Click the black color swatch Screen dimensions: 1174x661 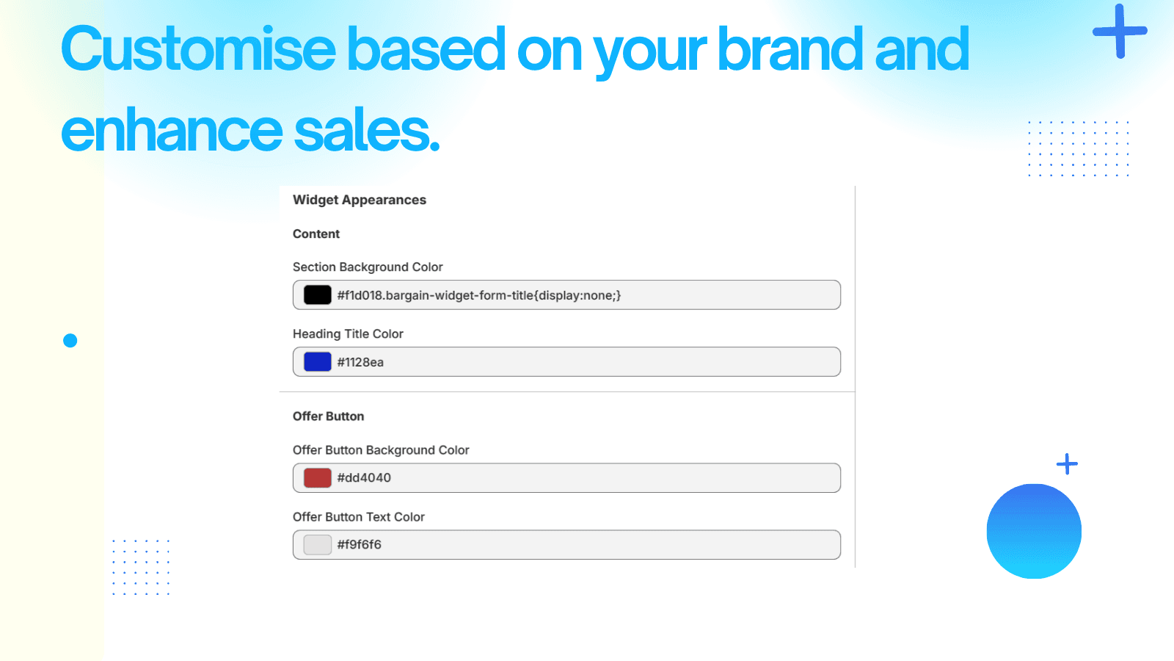click(x=317, y=295)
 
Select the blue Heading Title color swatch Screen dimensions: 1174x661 click(x=317, y=361)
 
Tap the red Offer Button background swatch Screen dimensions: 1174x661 click(x=317, y=477)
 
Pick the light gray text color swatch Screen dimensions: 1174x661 click(x=317, y=544)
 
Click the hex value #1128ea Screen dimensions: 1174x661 click(x=360, y=362)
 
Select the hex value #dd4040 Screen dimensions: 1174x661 click(x=364, y=477)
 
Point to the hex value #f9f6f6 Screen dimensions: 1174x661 click(x=359, y=544)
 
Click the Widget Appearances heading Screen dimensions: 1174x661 click(x=359, y=200)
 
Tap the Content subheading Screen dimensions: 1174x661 click(x=316, y=234)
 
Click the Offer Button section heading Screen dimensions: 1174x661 click(x=328, y=416)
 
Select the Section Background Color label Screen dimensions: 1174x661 click(x=368, y=267)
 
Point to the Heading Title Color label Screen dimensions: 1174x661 click(x=348, y=333)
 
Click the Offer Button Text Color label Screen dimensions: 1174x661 click(x=359, y=517)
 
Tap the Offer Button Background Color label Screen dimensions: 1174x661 click(x=381, y=450)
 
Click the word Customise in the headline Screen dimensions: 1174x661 click(x=198, y=48)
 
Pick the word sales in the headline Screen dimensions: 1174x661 click(x=366, y=129)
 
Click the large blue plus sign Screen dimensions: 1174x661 click(x=1120, y=31)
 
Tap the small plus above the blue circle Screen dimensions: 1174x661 click(x=1067, y=464)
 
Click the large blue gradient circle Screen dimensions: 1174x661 click(x=1034, y=531)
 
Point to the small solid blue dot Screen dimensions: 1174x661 click(x=70, y=341)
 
